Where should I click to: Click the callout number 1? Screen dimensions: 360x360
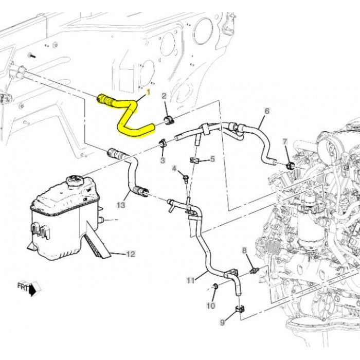[x=149, y=92]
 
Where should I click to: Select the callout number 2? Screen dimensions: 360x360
[x=164, y=96]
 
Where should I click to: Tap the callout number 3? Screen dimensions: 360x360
[x=162, y=161]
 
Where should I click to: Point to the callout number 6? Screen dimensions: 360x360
[x=267, y=111]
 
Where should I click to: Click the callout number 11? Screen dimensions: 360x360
[x=190, y=280]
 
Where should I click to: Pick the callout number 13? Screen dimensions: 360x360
[x=120, y=205]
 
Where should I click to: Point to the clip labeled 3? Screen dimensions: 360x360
[x=161, y=142]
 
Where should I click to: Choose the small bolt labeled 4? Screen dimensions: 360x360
[x=185, y=178]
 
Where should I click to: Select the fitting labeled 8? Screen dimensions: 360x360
[x=253, y=270]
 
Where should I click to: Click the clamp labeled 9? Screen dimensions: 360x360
[x=240, y=309]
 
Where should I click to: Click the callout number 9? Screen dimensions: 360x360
[x=223, y=322]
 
